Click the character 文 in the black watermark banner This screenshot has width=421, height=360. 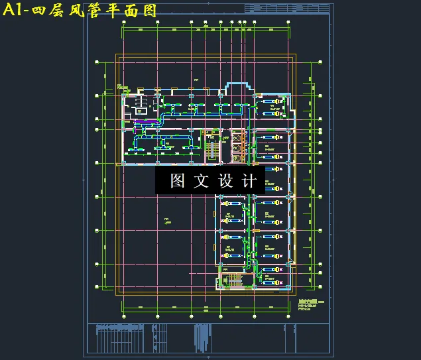[202, 181]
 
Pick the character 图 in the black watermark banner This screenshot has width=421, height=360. [177, 181]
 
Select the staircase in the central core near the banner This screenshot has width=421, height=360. [213, 150]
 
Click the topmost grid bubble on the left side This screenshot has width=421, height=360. [97, 62]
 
